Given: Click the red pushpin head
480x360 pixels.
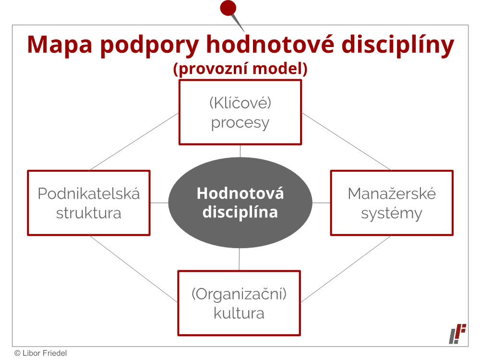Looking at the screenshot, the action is pyautogui.click(x=228, y=8).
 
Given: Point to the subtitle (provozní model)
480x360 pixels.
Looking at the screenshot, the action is pyautogui.click(x=240, y=69).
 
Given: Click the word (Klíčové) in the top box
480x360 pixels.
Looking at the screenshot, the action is pyautogui.click(x=240, y=103).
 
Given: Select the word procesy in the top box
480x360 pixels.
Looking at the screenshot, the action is pyautogui.click(x=240, y=123).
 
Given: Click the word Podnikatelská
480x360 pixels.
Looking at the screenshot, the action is pyautogui.click(x=89, y=193).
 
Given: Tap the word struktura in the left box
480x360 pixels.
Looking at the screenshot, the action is pyautogui.click(x=89, y=213).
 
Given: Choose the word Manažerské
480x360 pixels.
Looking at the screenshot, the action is pyautogui.click(x=392, y=193).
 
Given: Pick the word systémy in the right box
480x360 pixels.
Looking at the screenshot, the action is pyautogui.click(x=392, y=214).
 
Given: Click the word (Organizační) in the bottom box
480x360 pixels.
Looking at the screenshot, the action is pyautogui.click(x=239, y=294).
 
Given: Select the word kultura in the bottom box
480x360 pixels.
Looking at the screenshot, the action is pyautogui.click(x=239, y=313).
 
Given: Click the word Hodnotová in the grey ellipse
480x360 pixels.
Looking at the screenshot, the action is pyautogui.click(x=240, y=193).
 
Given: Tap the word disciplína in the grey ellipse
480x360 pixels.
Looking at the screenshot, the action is pyautogui.click(x=240, y=212).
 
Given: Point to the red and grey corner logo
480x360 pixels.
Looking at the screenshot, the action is pyautogui.click(x=457, y=334).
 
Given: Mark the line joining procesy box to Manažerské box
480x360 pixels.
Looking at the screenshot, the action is pyautogui.click(x=347, y=142).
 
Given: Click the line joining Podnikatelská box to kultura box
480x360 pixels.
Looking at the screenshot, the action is pyautogui.click(x=133, y=269).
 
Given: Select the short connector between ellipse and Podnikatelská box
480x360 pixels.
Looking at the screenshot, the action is pyautogui.click(x=159, y=203).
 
